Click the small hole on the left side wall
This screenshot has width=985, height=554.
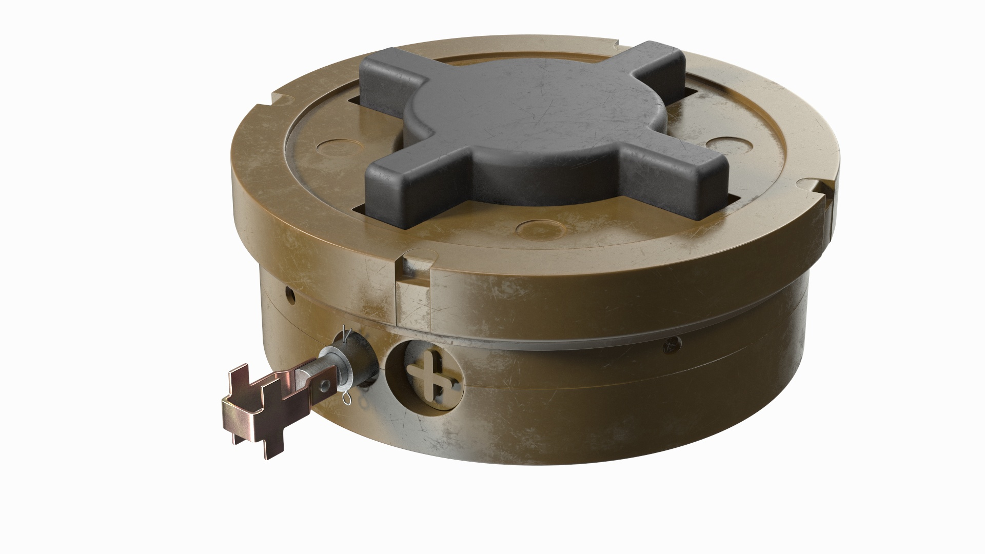290,294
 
